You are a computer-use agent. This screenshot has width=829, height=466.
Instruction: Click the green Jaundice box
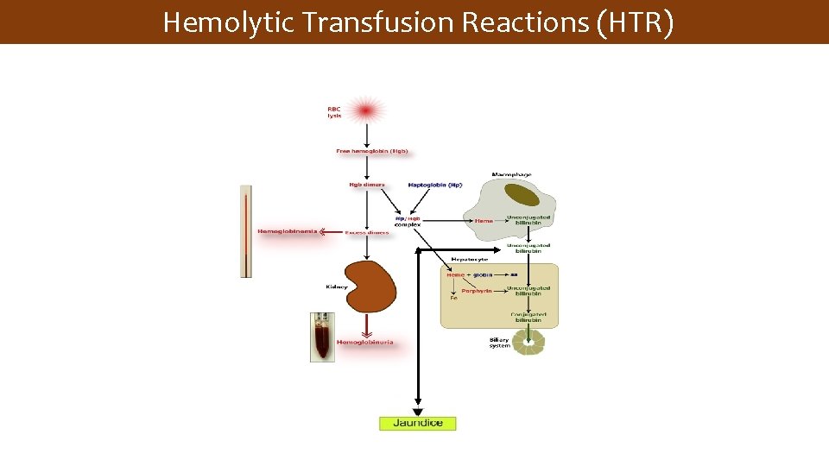click(x=417, y=423)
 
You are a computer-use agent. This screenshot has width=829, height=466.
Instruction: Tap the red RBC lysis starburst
click(x=366, y=110)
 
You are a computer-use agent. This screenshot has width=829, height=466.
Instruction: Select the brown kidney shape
click(x=370, y=286)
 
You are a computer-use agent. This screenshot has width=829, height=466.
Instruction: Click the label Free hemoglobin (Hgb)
click(x=371, y=151)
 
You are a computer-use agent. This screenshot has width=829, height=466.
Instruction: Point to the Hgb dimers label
click(x=367, y=185)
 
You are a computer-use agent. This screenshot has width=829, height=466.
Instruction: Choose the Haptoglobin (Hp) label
click(x=434, y=185)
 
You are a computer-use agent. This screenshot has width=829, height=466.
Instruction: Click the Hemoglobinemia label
click(x=288, y=231)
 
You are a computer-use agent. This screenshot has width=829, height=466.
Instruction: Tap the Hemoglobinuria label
click(x=364, y=342)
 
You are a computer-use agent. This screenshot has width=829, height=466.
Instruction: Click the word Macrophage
click(x=511, y=174)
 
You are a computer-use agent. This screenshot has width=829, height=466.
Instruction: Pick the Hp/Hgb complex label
click(x=408, y=221)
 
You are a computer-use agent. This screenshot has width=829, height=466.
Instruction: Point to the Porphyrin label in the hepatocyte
click(x=476, y=291)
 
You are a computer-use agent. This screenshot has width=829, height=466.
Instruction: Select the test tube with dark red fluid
click(x=322, y=337)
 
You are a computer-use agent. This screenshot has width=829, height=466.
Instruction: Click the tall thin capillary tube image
click(x=246, y=230)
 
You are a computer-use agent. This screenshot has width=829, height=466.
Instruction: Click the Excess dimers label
click(x=366, y=232)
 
